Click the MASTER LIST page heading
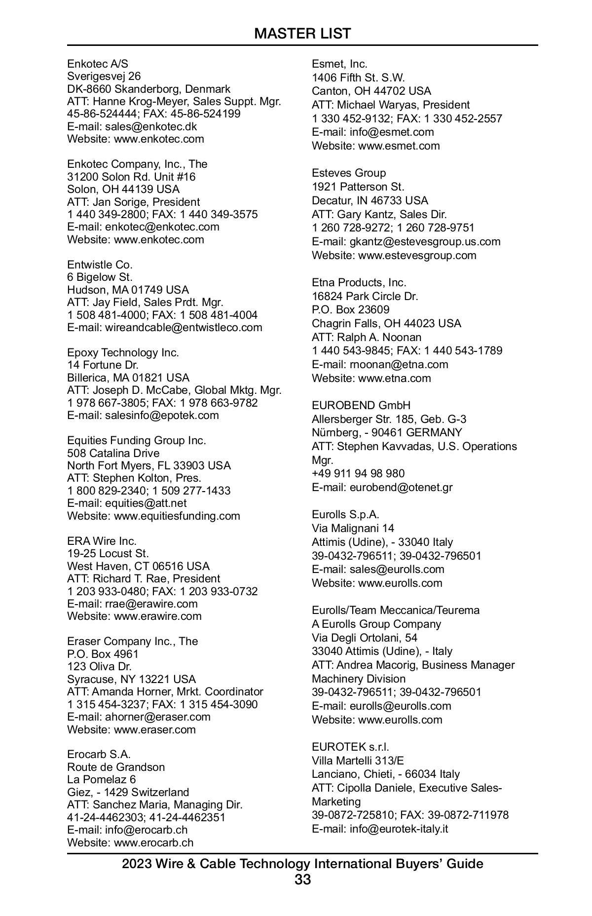[302, 34]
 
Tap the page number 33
[302, 879]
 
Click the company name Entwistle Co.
[100, 265]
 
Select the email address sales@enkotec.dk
[151, 126]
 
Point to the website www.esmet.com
[399, 146]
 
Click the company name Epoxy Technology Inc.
[123, 352]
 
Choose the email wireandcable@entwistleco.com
[184, 328]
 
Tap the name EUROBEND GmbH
[361, 405]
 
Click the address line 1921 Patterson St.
[358, 187]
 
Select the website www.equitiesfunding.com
[177, 516]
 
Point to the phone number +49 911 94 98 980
[358, 474]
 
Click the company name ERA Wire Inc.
[102, 541]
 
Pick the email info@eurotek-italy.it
[399, 829]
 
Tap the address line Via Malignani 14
[353, 528]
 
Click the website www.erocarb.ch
[153, 842]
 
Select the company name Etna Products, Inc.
[359, 282]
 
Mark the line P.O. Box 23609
[350, 309]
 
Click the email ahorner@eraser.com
[157, 717]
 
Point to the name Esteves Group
[348, 173]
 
